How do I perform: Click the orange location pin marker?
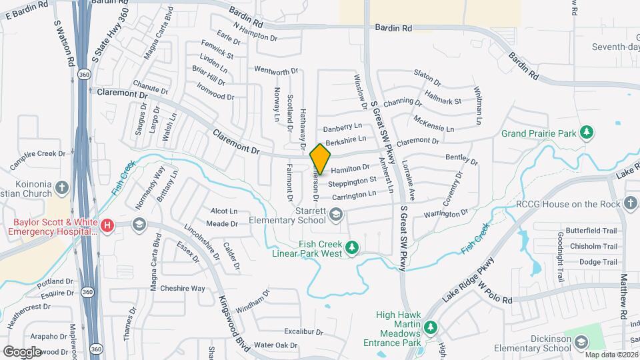(321, 159)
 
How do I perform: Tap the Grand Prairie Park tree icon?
(587, 133)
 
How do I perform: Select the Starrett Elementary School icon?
(336, 214)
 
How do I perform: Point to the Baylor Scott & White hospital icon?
(107, 227)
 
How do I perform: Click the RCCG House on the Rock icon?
(631, 203)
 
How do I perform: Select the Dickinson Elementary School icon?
(581, 343)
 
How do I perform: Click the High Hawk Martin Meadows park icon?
(431, 327)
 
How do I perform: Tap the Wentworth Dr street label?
(276, 71)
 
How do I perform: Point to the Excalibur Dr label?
(303, 331)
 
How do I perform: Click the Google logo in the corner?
(22, 351)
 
